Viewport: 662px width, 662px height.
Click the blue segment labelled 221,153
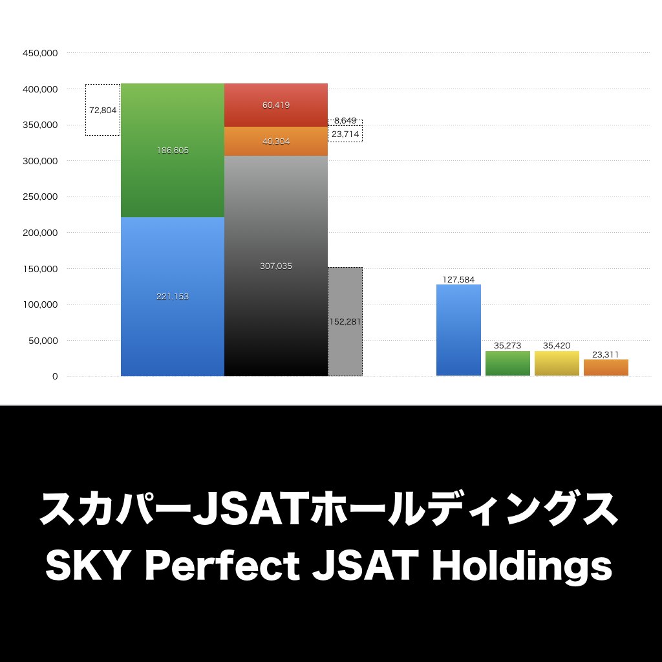point(173,296)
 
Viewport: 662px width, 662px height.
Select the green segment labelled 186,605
point(173,150)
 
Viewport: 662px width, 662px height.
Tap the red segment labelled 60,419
point(276,105)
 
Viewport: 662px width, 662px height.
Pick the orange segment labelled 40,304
point(276,142)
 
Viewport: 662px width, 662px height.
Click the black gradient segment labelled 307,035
point(276,266)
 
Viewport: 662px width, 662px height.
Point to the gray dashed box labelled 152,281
point(345,321)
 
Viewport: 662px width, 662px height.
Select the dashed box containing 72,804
point(103,110)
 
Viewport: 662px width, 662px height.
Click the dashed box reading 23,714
point(346,134)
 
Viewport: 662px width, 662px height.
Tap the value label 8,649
point(346,121)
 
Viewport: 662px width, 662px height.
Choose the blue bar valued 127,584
point(458,330)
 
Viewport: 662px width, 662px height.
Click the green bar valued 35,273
point(507,363)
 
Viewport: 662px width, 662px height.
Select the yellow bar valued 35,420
point(557,363)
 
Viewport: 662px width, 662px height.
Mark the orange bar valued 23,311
point(606,368)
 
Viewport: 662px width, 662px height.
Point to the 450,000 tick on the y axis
point(41,53)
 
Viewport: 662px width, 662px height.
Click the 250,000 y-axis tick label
point(41,197)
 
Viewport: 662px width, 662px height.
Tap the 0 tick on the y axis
point(55,376)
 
